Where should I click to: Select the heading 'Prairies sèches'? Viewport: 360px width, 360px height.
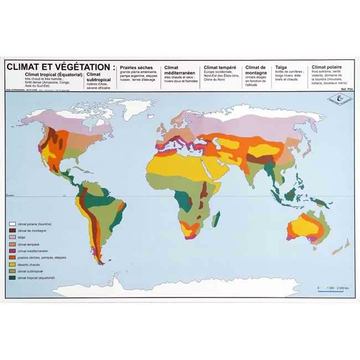[136, 68]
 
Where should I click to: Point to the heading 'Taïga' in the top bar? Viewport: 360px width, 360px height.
[281, 67]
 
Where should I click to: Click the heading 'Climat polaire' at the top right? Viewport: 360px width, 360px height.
[326, 67]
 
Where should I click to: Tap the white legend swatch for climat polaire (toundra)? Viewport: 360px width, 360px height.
[12, 223]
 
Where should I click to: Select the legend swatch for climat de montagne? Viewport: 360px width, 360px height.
[12, 230]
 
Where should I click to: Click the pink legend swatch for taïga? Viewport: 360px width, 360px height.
[12, 237]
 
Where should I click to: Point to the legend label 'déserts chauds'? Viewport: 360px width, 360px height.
[30, 265]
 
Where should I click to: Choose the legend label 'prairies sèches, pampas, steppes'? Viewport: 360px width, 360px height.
[41, 258]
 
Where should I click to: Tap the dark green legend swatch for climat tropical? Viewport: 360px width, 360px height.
[12, 279]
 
